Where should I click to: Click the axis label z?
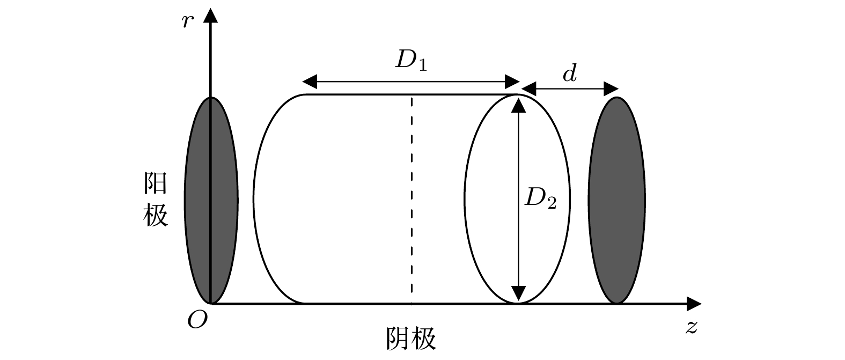692,327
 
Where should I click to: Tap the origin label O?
197,320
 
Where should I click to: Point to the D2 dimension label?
540,199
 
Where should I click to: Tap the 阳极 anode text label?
156,200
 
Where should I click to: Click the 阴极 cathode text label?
411,339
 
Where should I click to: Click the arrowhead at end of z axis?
695,304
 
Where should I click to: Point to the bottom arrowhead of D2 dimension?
517,293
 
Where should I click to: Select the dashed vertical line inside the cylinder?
412,199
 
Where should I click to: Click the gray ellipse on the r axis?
211,200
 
